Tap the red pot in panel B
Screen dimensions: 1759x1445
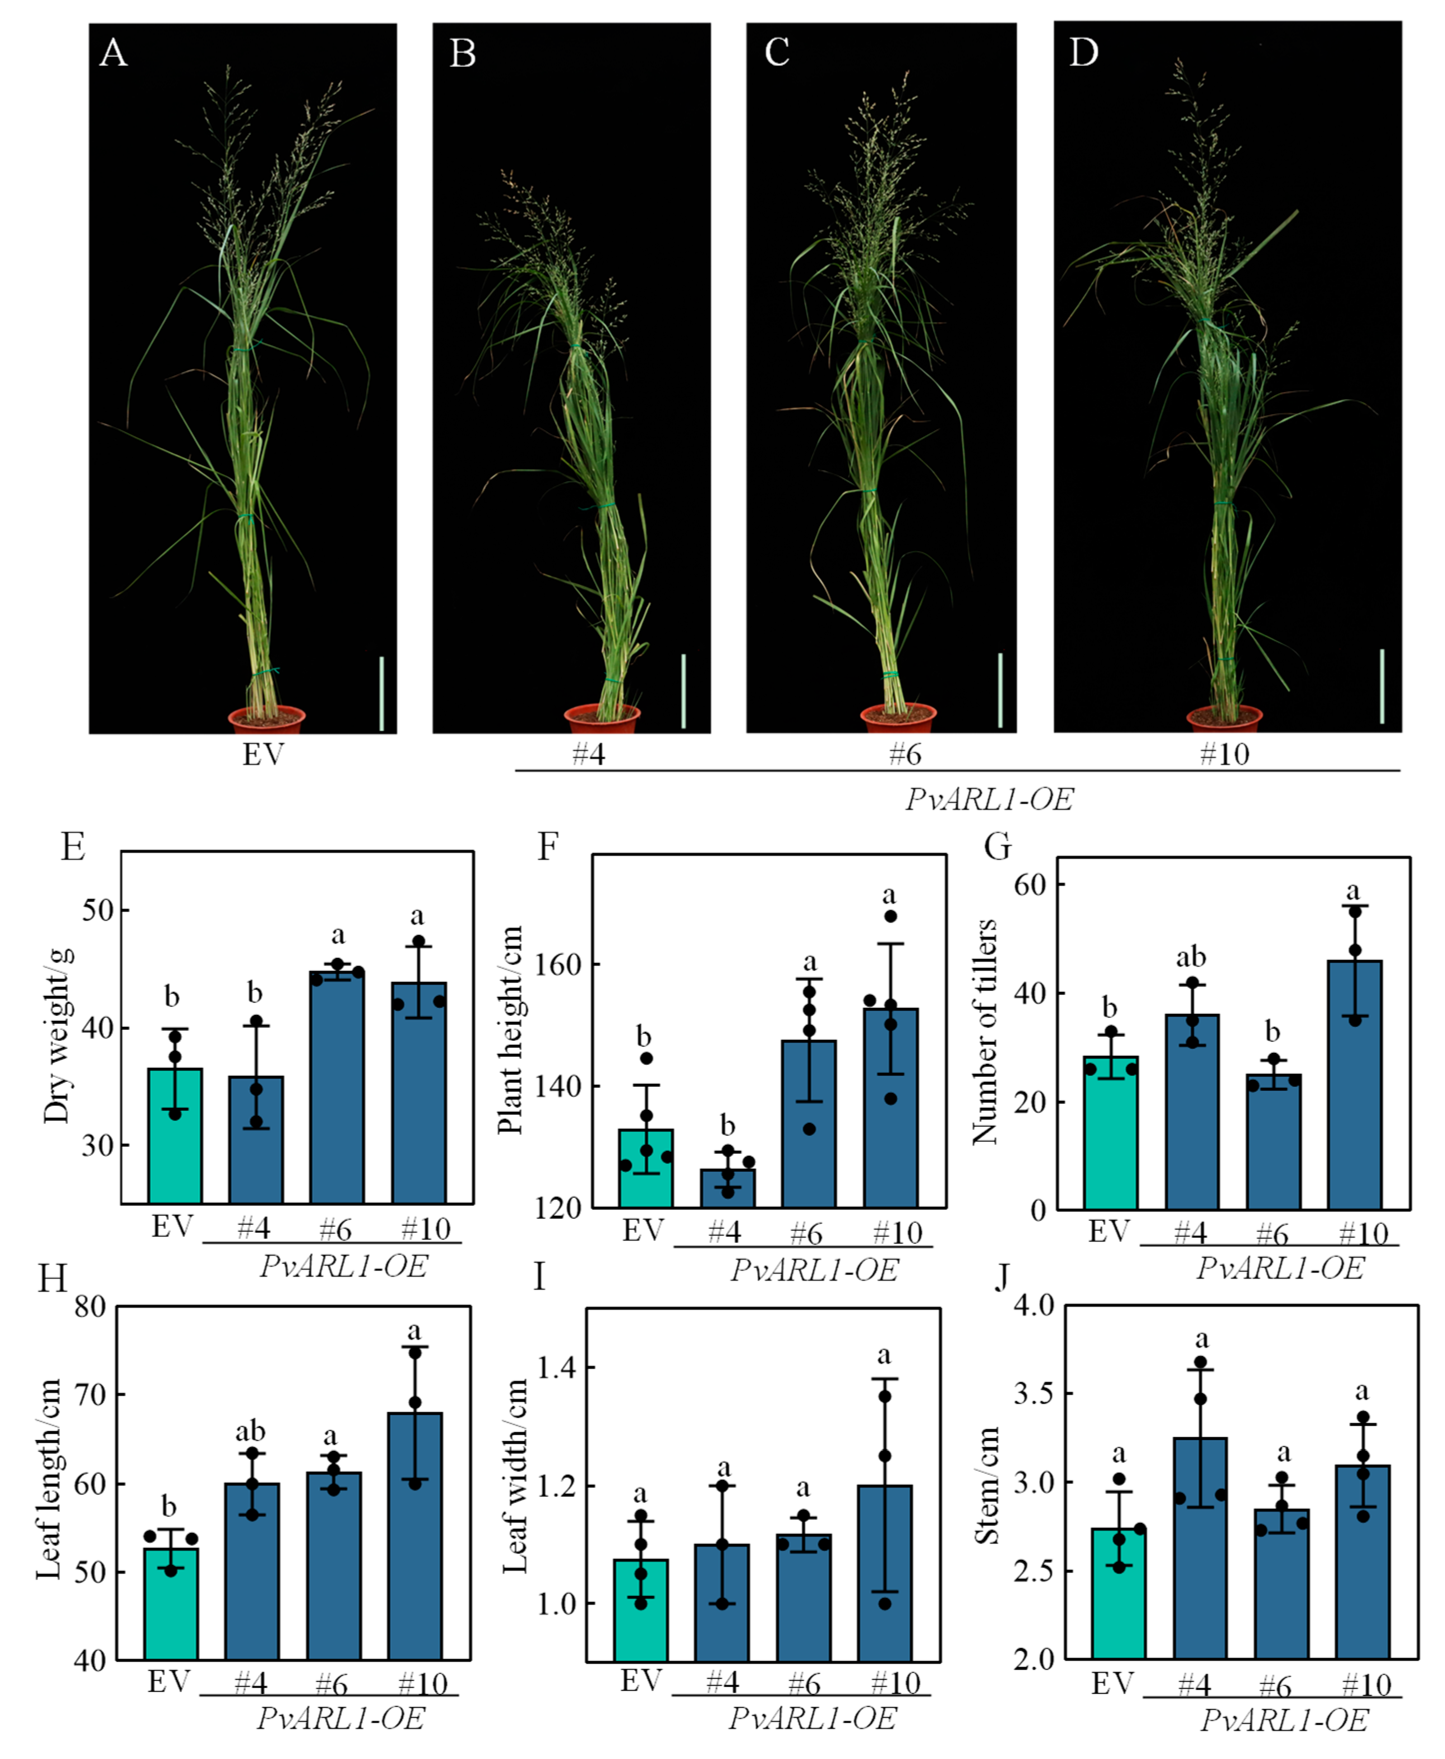[x=602, y=718]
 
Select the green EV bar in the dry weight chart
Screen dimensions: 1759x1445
[x=175, y=1136]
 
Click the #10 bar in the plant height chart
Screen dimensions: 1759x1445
[x=891, y=1107]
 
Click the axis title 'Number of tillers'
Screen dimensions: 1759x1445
[x=985, y=1032]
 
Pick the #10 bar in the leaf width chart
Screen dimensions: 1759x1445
[x=885, y=1574]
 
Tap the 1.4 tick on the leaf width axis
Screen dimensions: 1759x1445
[x=556, y=1367]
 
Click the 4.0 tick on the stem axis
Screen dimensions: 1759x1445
[x=1034, y=1305]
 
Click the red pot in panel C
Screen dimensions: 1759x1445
[x=898, y=718]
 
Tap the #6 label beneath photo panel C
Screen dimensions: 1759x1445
[x=904, y=754]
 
